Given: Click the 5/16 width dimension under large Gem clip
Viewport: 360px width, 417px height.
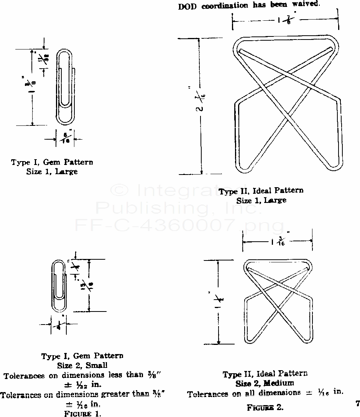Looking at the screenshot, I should tap(65, 138).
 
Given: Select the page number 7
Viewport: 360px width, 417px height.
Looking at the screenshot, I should tap(357, 403).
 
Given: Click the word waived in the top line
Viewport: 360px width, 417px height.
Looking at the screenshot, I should tap(305, 5).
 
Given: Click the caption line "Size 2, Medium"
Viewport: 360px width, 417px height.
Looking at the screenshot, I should tap(265, 382).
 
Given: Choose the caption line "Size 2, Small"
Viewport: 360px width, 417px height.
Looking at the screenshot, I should tap(82, 365).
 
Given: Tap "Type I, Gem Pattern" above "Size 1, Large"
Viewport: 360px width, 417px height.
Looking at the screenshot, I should tap(52, 162).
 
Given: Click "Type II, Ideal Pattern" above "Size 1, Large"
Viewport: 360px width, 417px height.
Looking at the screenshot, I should tap(261, 191).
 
